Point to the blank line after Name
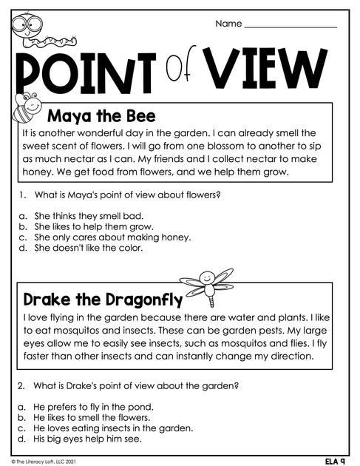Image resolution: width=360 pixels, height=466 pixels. [x=290, y=26]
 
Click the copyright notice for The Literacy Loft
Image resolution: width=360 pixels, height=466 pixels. [x=44, y=461]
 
